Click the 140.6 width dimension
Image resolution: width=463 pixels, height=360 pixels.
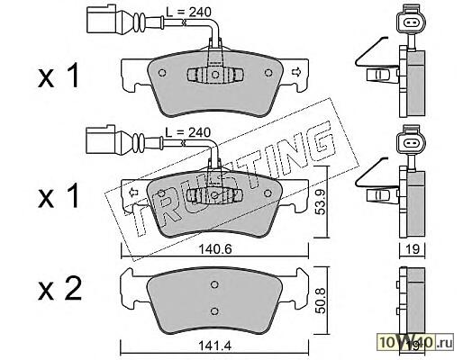(x=215, y=249)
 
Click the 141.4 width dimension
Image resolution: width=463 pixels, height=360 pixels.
(x=215, y=346)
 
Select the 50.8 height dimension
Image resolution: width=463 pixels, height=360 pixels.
(x=321, y=301)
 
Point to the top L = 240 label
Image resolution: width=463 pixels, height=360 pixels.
(x=189, y=12)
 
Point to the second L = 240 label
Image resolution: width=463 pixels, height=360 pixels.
(x=188, y=132)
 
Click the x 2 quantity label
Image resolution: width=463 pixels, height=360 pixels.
(x=59, y=289)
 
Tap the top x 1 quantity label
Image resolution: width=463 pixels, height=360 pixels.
(x=59, y=76)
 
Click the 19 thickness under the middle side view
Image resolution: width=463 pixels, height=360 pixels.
(x=413, y=249)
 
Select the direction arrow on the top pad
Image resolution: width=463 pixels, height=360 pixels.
(x=296, y=72)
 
